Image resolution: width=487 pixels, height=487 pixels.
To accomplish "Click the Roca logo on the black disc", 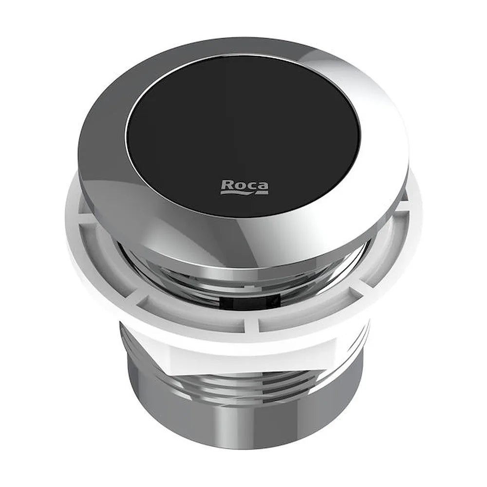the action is (244, 187).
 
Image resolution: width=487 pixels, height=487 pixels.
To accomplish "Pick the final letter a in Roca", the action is (263, 185).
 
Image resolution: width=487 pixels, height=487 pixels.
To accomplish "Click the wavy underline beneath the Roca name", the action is (244, 193).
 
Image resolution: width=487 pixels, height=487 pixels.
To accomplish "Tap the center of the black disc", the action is (243, 136).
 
